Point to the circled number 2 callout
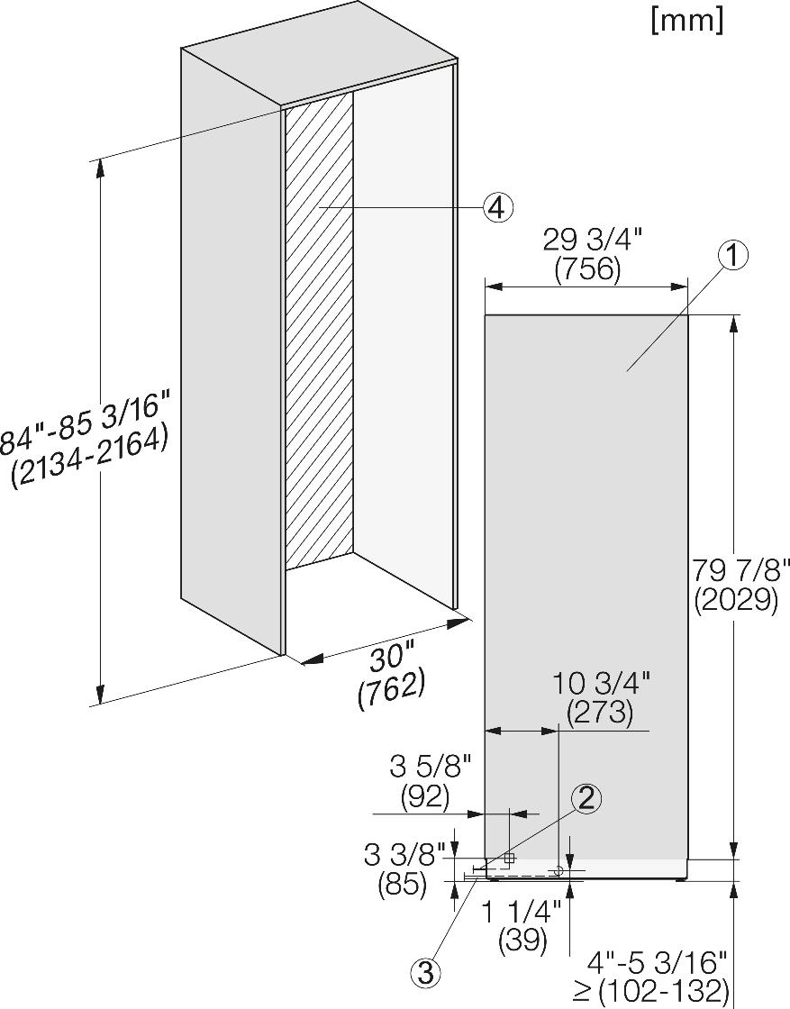pyautogui.click(x=586, y=798)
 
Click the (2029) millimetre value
pyautogui.click(x=737, y=600)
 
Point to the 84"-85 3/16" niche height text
pyautogui.click(x=86, y=424)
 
